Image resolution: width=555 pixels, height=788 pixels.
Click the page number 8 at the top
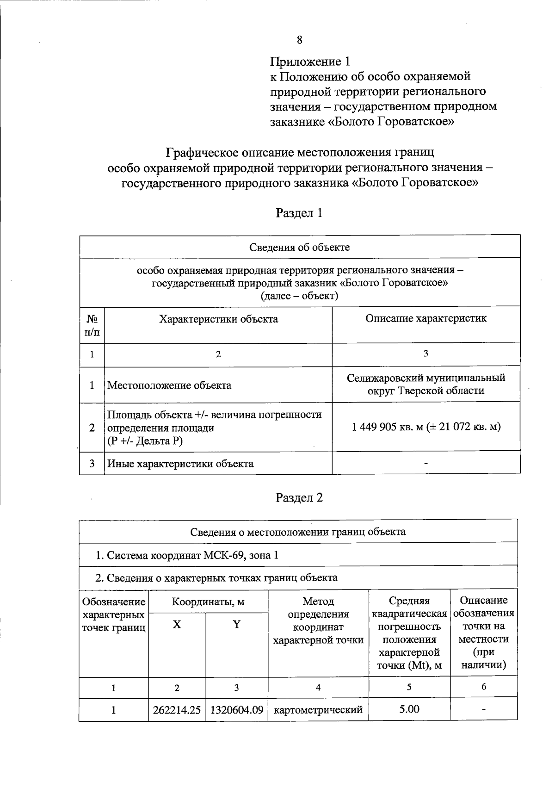pos(299,40)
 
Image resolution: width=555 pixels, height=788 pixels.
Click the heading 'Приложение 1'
pos(310,61)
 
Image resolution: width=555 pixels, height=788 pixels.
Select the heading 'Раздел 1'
pos(299,213)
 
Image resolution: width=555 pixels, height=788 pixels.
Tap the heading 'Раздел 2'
pos(299,498)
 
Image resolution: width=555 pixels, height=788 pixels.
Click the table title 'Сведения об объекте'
pos(300,247)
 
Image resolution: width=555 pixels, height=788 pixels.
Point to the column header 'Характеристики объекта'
pos(218,319)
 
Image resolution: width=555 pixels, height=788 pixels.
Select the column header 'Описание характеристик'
pos(426,318)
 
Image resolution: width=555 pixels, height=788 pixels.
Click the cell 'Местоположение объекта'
pos(169,385)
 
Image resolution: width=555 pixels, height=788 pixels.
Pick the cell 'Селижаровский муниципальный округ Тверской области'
pos(426,384)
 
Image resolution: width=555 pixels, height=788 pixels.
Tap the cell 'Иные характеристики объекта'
pos(180,464)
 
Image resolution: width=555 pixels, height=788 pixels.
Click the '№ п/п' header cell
pos(92,325)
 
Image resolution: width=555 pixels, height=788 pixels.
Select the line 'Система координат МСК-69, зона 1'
pos(187,555)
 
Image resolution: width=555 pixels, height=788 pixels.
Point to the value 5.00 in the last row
pos(409,709)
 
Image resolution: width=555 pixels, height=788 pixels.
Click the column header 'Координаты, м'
pos(208,602)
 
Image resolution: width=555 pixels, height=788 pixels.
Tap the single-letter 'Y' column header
pos(237,624)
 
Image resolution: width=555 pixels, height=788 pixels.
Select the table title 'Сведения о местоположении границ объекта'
pos(298,532)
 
